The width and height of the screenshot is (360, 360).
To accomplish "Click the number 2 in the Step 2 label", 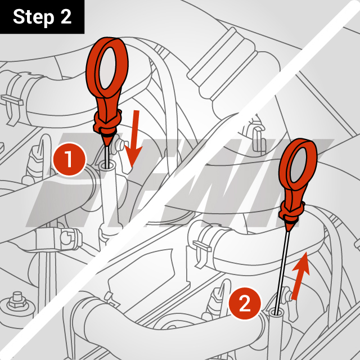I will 65,17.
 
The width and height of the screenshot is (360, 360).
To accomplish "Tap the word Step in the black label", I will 33,17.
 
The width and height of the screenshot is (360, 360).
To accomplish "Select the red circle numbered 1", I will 69,159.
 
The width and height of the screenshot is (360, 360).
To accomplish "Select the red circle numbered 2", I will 245,305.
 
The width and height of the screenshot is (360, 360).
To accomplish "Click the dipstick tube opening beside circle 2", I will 276,312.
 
